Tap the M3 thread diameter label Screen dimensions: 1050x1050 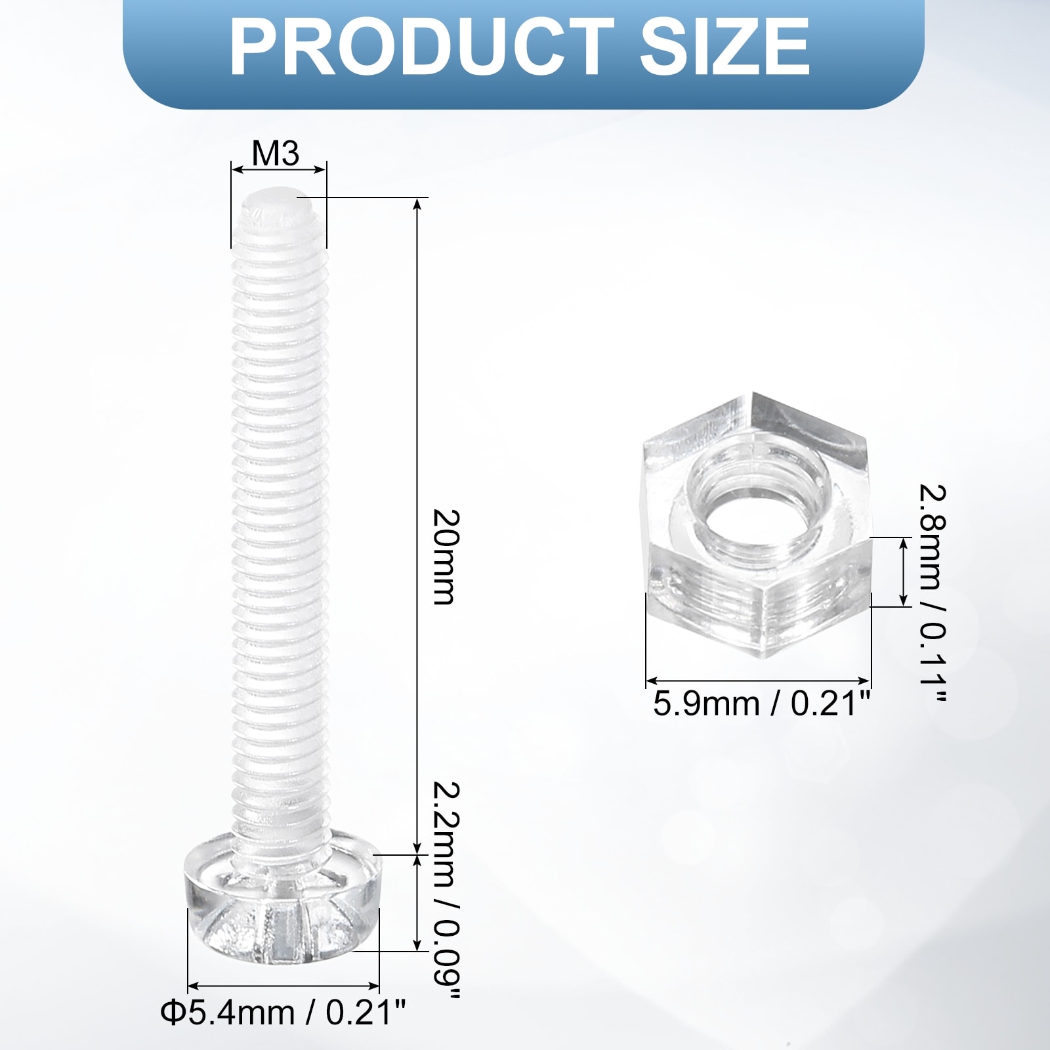click(276, 154)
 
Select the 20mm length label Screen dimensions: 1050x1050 click(443, 557)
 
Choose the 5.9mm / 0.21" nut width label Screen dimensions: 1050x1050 click(761, 703)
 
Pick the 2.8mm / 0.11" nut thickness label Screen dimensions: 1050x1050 click(932, 595)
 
